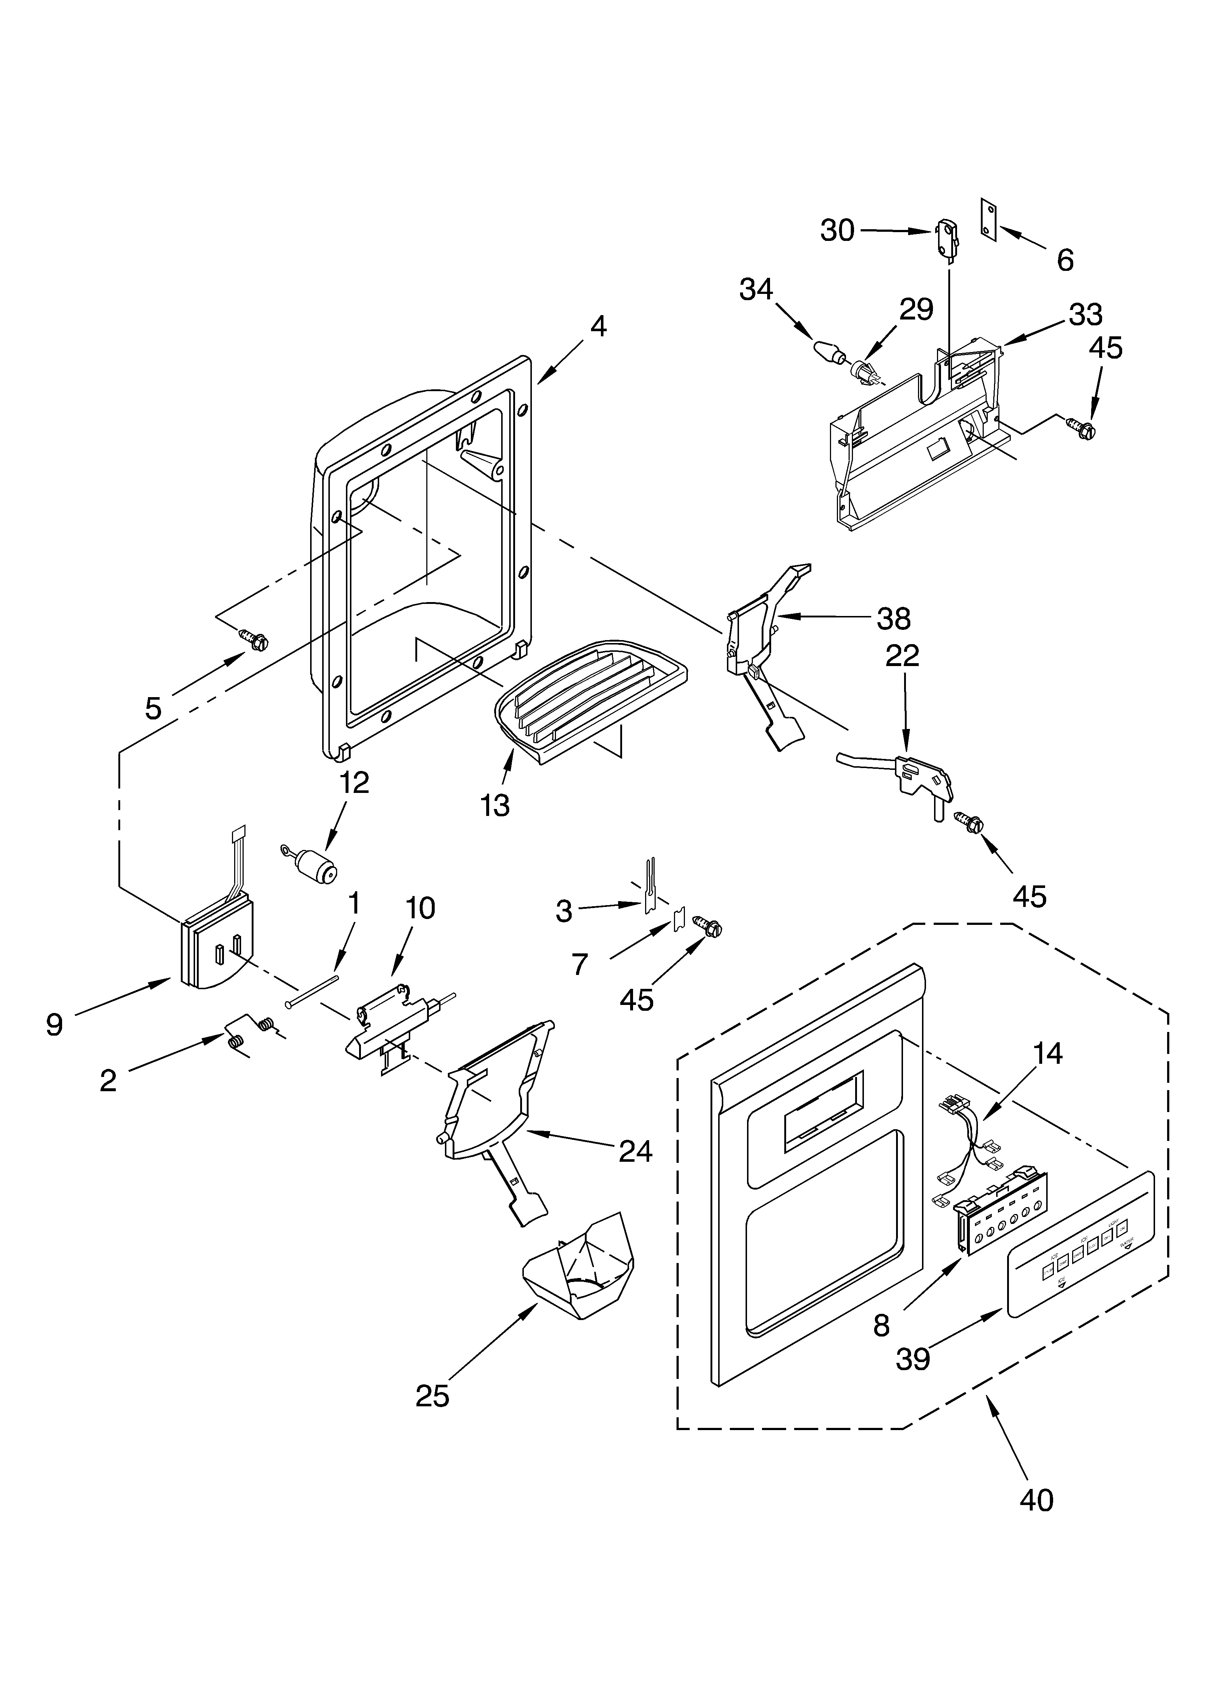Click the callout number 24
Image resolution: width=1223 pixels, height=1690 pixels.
coord(635,1151)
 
